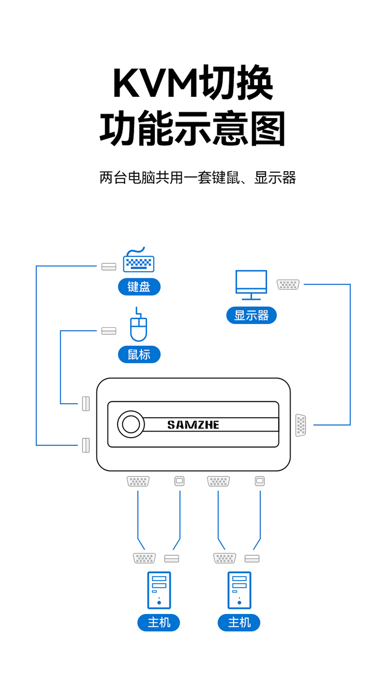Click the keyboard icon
(x=138, y=261)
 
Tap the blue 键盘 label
(x=139, y=287)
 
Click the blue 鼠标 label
(x=139, y=355)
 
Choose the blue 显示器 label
(x=251, y=316)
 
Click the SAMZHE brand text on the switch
(x=193, y=425)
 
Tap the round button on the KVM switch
(x=130, y=424)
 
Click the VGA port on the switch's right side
(x=301, y=425)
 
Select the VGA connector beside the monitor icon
(x=288, y=284)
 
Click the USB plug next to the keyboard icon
(x=109, y=267)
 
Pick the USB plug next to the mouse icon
(x=109, y=331)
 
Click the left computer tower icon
(x=159, y=590)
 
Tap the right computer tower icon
(x=239, y=590)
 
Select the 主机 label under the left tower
(x=158, y=623)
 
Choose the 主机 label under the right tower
(x=239, y=623)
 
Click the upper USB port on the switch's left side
(x=86, y=403)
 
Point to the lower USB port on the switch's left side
(x=86, y=445)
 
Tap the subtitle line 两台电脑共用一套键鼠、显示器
(x=198, y=178)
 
